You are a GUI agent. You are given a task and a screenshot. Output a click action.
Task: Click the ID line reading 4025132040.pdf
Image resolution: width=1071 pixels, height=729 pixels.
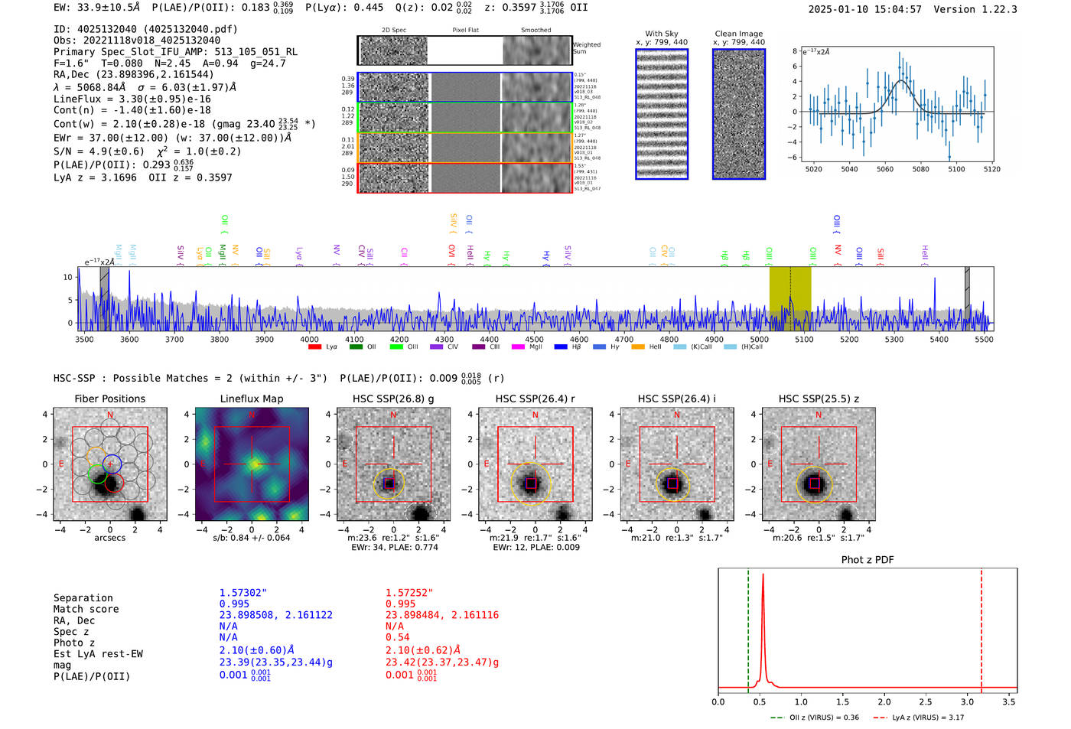click(145, 29)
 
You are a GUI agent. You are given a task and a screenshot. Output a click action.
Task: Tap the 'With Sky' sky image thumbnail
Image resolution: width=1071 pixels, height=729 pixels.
click(662, 114)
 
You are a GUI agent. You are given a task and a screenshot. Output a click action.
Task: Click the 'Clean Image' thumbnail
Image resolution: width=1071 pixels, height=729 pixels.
click(739, 114)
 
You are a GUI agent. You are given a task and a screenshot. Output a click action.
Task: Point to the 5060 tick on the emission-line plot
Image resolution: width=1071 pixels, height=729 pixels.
click(885, 169)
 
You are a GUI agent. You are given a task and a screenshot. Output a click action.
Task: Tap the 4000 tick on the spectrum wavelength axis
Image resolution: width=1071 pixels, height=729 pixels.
click(309, 340)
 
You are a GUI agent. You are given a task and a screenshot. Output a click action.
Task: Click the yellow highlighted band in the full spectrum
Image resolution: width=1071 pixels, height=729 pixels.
click(790, 298)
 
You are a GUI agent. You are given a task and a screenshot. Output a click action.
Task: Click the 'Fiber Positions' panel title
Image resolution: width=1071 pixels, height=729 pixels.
click(110, 399)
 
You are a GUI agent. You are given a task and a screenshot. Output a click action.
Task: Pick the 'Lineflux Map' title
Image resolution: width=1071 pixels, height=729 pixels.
click(252, 399)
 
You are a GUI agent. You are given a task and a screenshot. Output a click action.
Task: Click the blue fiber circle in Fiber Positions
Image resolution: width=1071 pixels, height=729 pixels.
click(112, 463)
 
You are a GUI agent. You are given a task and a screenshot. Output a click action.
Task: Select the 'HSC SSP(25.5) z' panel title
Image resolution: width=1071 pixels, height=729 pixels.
click(819, 399)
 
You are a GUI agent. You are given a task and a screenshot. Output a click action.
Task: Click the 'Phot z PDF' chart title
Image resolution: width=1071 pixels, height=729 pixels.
click(868, 560)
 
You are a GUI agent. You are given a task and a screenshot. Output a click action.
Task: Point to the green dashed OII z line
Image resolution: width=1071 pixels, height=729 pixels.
click(748, 627)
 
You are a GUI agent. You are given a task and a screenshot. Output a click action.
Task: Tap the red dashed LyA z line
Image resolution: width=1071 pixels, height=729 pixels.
click(981, 627)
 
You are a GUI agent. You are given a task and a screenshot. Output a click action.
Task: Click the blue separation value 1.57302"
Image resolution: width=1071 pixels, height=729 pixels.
click(243, 593)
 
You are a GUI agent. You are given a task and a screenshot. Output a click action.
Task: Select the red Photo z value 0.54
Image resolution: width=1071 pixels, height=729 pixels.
click(397, 637)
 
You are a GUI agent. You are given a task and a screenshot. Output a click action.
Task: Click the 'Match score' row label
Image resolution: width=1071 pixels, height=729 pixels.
click(86, 610)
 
